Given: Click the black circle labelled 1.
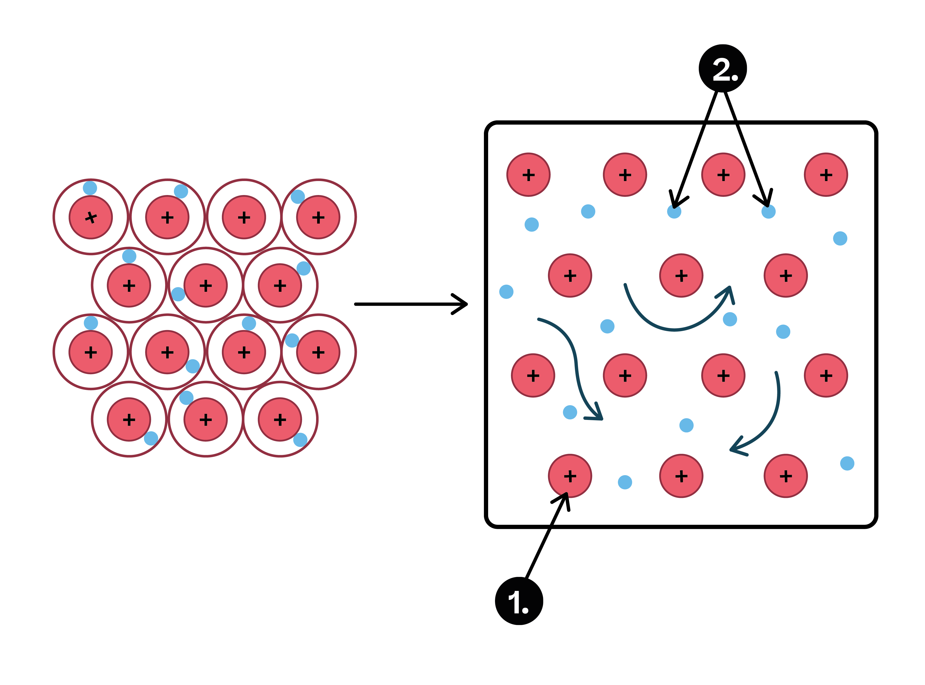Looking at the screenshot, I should tap(519, 600).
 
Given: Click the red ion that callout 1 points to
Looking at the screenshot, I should tap(570, 476).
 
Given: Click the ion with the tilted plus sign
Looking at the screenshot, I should tap(90, 217).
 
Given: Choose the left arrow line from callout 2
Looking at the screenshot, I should tap(697, 145).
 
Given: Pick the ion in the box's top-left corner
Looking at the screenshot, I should tap(528, 175).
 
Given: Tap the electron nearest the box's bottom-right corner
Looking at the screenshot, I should tap(847, 463).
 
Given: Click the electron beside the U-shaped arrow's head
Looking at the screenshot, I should tap(730, 319).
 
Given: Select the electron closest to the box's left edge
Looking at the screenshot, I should tap(506, 291).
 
